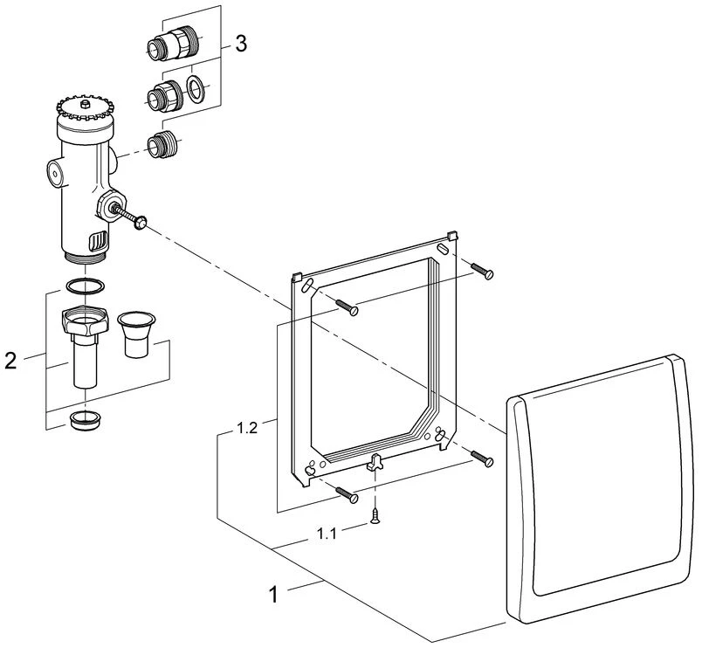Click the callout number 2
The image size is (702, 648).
pyautogui.click(x=10, y=359)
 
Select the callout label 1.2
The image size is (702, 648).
pyautogui.click(x=245, y=429)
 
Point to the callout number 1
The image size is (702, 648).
pyautogui.click(x=274, y=596)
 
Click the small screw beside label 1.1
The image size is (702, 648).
pyautogui.click(x=375, y=517)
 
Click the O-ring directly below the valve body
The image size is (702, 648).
pyautogui.click(x=86, y=286)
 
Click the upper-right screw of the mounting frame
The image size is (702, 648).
pyautogui.click(x=482, y=272)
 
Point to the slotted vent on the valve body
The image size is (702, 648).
pyautogui.click(x=100, y=238)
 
